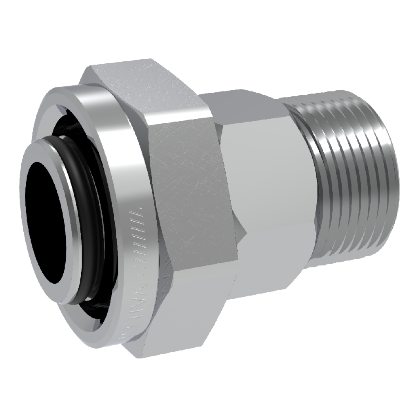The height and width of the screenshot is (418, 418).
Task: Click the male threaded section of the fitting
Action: tap(351, 180)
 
